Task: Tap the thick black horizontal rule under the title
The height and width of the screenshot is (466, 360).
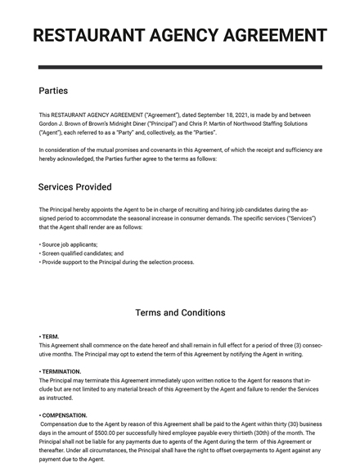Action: point(180,67)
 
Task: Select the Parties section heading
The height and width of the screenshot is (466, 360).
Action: point(53,91)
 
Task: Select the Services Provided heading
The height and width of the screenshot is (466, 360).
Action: point(74,187)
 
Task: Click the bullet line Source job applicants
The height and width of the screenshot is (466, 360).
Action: point(70,244)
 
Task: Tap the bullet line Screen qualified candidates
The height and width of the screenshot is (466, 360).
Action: point(82,253)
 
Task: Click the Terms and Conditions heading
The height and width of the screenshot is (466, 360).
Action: point(180,312)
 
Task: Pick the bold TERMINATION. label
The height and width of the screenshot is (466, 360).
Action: point(61,371)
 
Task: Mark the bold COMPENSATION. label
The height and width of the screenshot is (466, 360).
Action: point(63,415)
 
